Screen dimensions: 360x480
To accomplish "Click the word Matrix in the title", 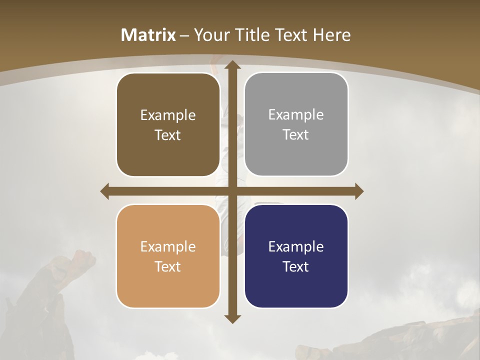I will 148,35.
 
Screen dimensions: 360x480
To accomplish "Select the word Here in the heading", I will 332,35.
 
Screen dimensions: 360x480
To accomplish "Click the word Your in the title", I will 209,35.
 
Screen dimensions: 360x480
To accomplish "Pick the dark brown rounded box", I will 168,124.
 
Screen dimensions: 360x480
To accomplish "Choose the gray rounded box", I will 296,124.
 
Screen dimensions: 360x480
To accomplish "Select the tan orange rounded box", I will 168,256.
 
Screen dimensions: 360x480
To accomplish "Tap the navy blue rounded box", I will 296,256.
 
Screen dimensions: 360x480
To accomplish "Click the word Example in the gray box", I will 296,114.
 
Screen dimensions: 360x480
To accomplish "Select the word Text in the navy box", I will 296,266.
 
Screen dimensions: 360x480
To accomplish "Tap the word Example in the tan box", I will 168,246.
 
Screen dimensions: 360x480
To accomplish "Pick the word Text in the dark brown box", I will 168,135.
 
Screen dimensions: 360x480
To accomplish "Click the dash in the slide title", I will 184,35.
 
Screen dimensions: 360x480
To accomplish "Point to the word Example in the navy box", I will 296,246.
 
